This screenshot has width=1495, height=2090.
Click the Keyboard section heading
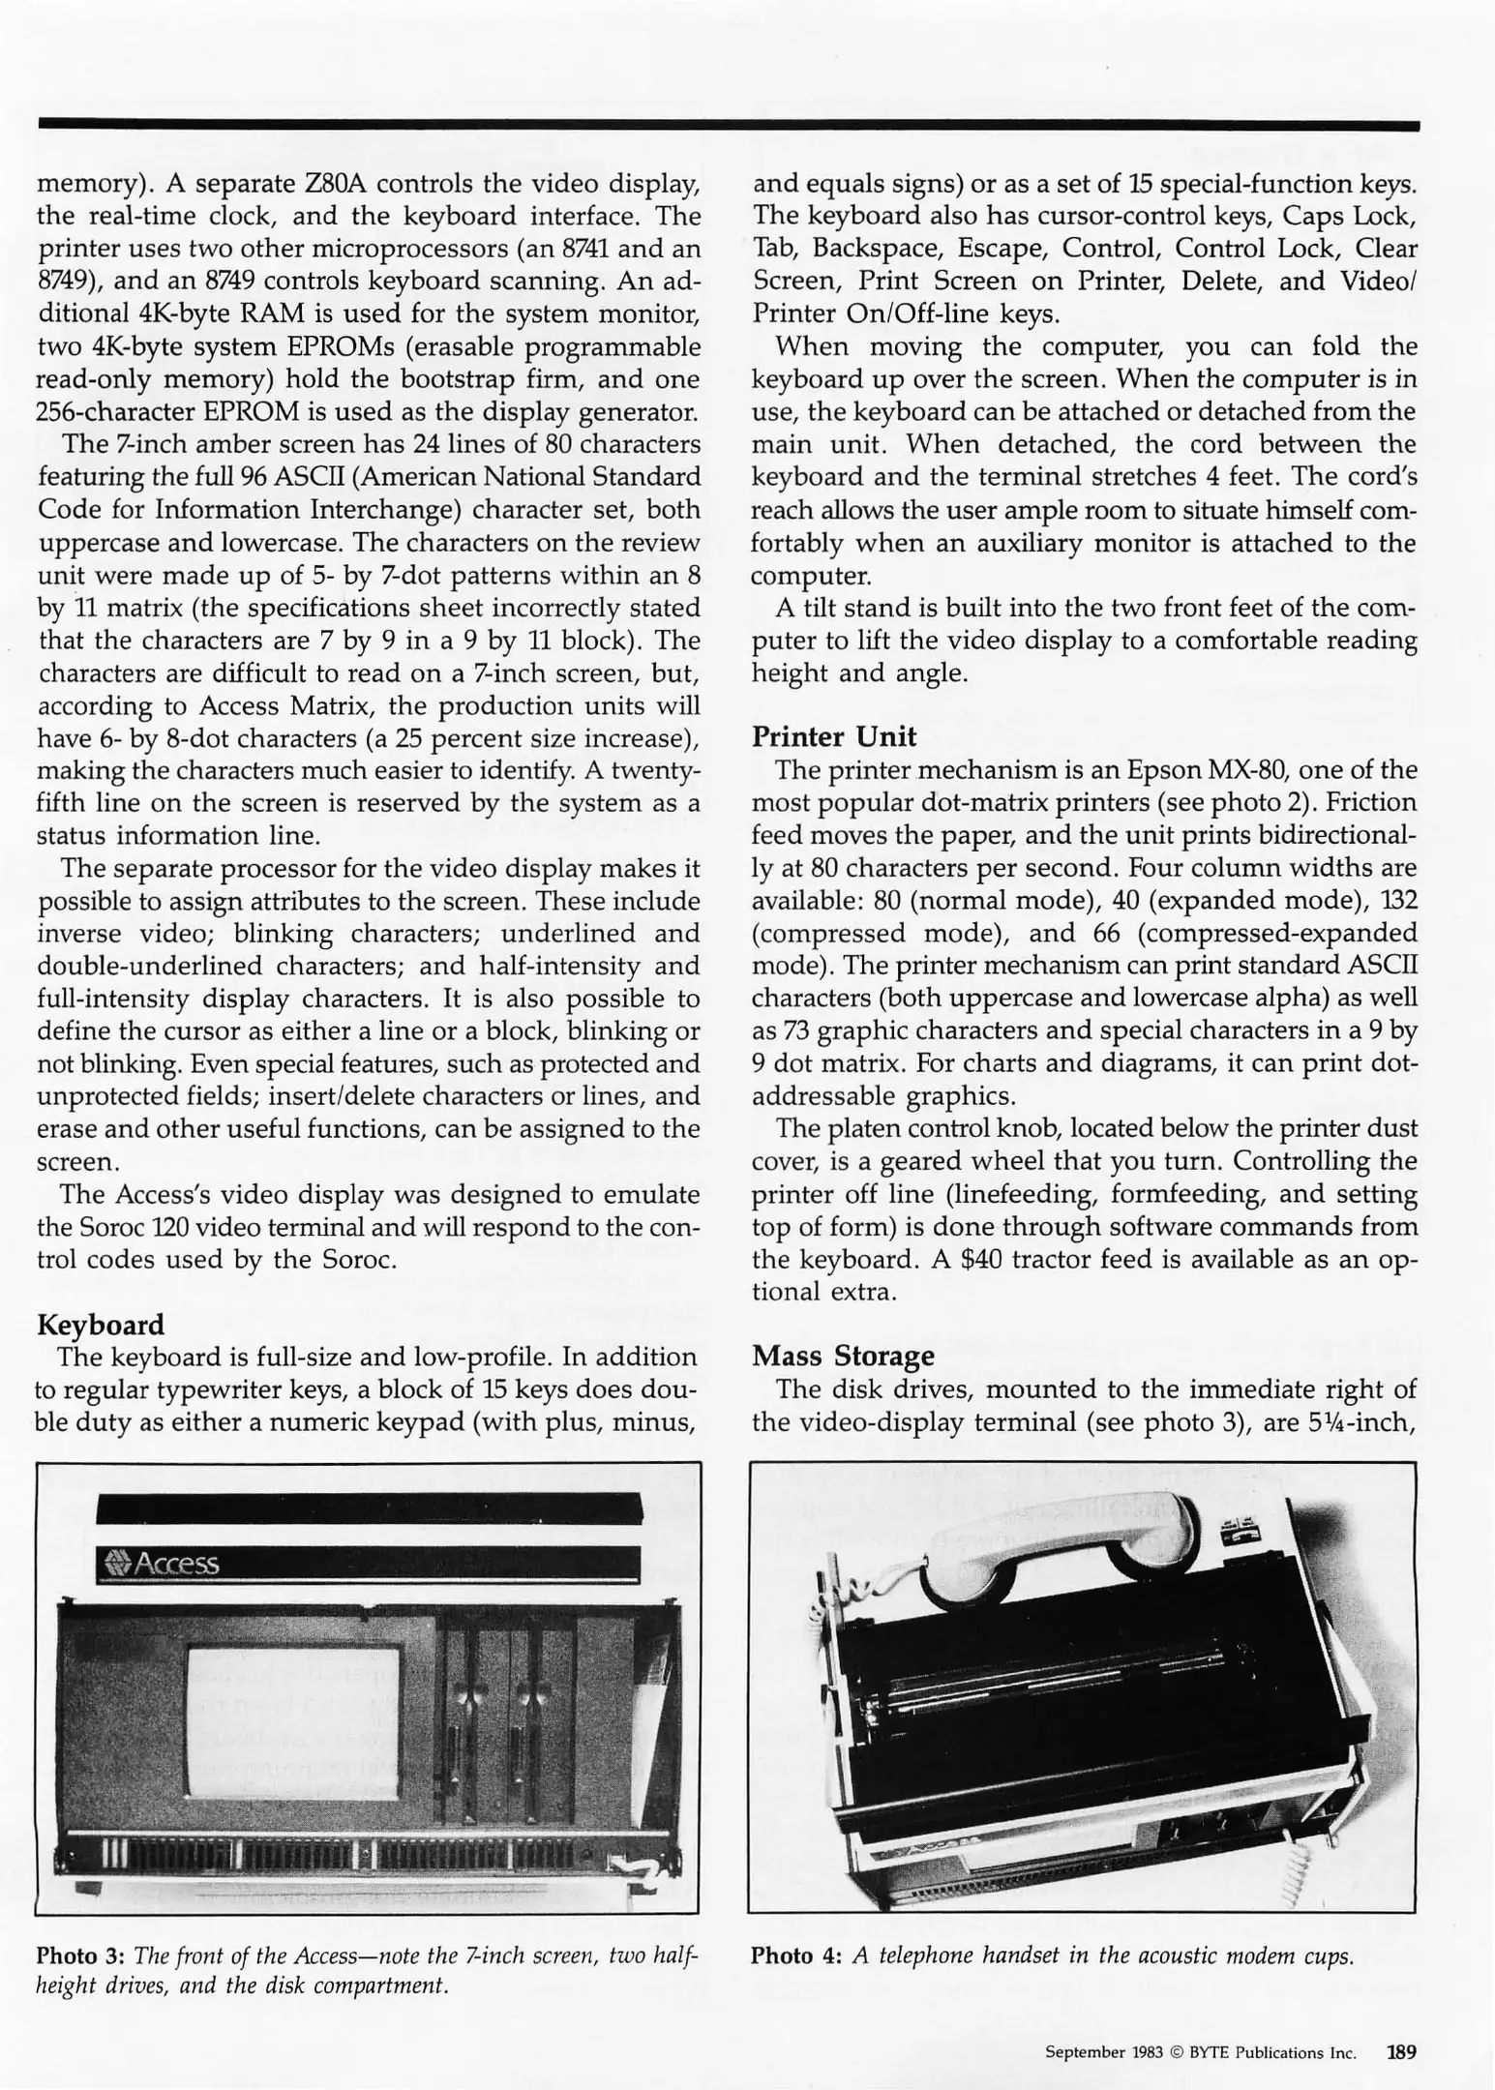point(100,1325)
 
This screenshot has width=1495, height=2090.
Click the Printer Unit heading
point(834,737)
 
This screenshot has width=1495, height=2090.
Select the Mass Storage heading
point(843,1357)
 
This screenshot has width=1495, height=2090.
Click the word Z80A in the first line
point(333,183)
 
